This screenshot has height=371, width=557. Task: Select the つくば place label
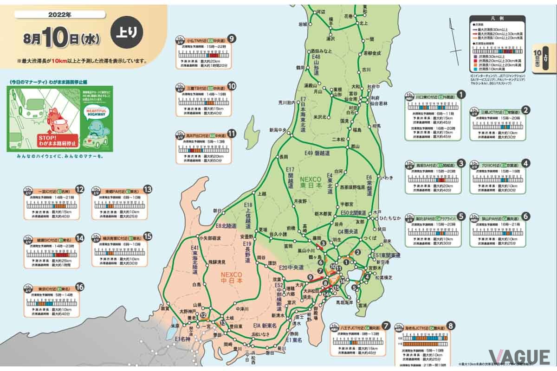tap(369, 237)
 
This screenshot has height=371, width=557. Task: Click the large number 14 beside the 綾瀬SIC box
tap(80, 238)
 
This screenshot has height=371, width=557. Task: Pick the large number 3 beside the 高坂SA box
tap(461, 163)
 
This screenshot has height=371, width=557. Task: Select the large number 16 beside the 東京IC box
tap(80, 287)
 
